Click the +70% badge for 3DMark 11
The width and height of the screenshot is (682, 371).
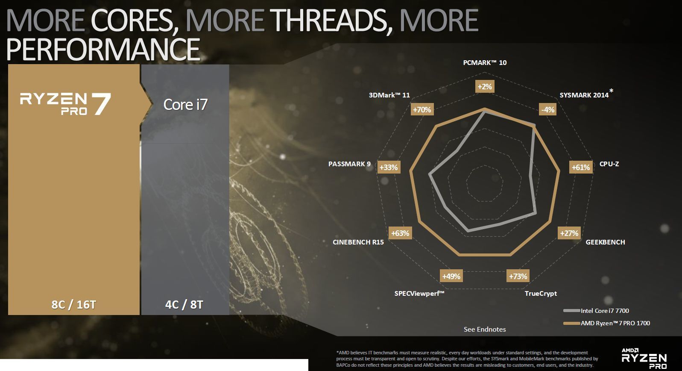click(422, 109)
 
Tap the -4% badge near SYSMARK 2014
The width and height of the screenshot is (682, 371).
click(548, 109)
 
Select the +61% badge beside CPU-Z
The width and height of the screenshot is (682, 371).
click(581, 168)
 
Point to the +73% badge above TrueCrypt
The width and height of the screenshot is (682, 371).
click(518, 276)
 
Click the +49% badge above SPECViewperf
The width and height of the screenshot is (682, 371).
click(451, 276)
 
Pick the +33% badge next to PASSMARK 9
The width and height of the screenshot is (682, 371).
click(389, 168)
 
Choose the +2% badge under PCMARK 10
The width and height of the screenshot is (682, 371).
click(485, 87)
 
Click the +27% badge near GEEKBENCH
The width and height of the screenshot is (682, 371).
click(569, 233)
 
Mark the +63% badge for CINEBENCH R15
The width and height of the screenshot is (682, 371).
click(401, 233)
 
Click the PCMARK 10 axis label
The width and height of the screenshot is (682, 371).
click(485, 62)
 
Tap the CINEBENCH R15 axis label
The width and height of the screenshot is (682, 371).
click(358, 242)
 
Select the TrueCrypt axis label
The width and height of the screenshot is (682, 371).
click(541, 293)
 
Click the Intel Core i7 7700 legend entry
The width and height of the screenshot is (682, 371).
click(596, 311)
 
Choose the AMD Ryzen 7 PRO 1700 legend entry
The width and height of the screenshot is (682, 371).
click(606, 323)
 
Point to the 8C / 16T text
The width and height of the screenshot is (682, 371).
click(74, 305)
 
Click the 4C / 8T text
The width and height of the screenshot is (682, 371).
click(184, 305)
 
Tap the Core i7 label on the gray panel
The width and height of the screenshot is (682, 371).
click(185, 105)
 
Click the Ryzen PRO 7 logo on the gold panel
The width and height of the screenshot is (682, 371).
click(65, 104)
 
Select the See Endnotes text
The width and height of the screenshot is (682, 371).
click(485, 329)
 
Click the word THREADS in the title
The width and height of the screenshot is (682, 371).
click(331, 21)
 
